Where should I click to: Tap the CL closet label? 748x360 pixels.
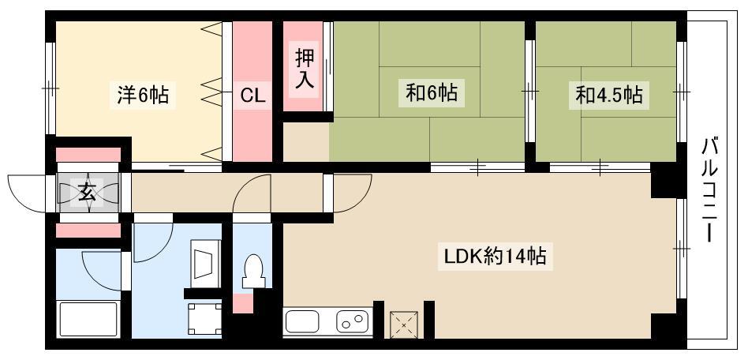pyautogui.click(x=252, y=96)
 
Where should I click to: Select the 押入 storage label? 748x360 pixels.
pyautogui.click(x=305, y=69)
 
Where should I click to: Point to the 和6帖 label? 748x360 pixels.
pyautogui.click(x=432, y=92)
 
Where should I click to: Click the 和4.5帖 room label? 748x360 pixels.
pyautogui.click(x=608, y=95)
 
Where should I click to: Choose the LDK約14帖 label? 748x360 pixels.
pyautogui.click(x=496, y=257)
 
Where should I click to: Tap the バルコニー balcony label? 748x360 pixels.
pyautogui.click(x=711, y=189)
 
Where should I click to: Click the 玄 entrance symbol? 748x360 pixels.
pyautogui.click(x=87, y=193)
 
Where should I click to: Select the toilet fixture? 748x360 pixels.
pyautogui.click(x=252, y=272)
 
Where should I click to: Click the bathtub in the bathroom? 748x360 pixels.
pyautogui.click(x=88, y=319)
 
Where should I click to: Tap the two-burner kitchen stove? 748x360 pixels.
pyautogui.click(x=353, y=321)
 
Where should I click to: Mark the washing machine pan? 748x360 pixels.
pyautogui.click(x=204, y=320)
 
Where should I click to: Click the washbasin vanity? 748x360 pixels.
pyautogui.click(x=206, y=264)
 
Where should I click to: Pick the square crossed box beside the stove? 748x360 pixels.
pyautogui.click(x=404, y=324)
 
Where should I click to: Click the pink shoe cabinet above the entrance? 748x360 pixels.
pyautogui.click(x=88, y=155)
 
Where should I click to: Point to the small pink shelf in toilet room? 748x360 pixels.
pyautogui.click(x=243, y=304)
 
